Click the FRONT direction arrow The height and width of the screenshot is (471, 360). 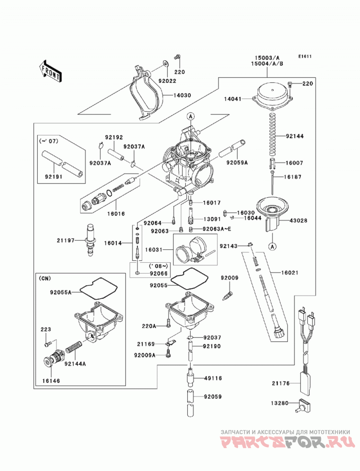point(50,71)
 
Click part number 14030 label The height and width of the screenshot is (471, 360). point(182,95)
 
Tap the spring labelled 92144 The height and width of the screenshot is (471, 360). point(273,133)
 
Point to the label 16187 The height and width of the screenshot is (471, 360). point(293,177)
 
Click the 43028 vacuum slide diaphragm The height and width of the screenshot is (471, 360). point(272,213)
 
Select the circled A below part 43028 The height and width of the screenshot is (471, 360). point(273,247)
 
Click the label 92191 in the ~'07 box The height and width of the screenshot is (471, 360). point(54,177)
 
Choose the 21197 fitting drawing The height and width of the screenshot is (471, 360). point(90,240)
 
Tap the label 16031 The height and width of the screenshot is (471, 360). point(153,250)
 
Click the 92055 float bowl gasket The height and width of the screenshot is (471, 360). point(186,279)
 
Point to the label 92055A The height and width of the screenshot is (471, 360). point(61,292)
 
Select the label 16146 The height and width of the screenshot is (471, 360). point(51,381)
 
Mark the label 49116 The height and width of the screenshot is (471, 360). point(213,378)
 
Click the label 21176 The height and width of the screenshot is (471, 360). point(281,383)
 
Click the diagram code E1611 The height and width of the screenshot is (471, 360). point(305,56)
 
